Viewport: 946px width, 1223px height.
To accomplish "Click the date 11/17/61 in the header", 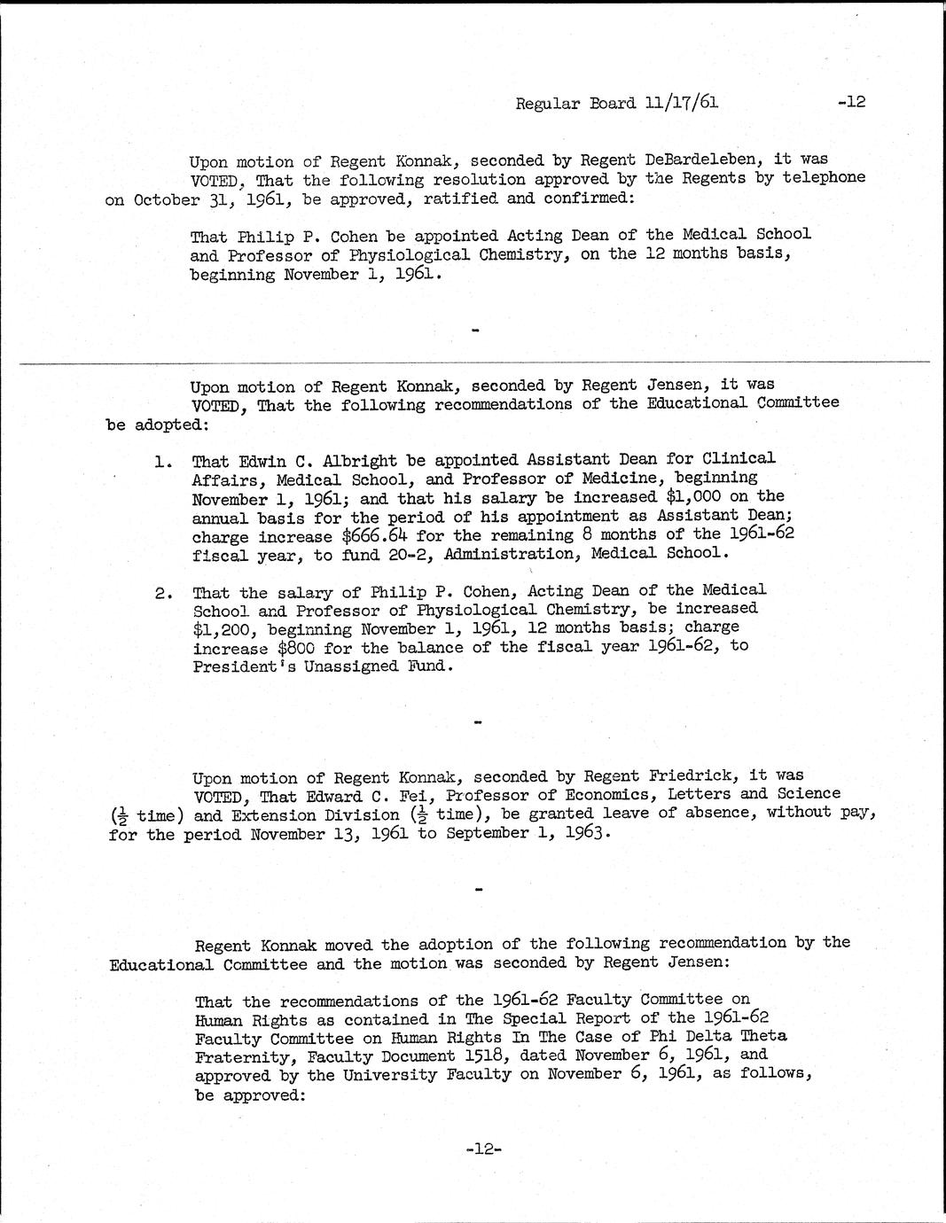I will (683, 103).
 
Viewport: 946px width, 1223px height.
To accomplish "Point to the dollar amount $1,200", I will (220, 628).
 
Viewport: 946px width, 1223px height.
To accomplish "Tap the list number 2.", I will (162, 591).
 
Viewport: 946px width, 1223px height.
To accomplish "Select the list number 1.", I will (162, 461).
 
